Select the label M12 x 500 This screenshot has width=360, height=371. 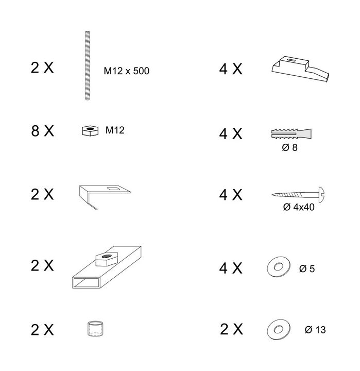126,71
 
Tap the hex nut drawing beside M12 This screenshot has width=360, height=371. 91,131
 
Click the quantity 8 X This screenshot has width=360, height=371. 42,131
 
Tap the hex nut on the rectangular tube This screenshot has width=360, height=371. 106,258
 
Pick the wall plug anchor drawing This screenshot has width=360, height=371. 290,134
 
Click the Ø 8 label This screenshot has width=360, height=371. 289,148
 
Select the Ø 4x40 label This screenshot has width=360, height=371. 299,208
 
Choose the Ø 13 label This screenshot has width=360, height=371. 315,330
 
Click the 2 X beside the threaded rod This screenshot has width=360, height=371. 42,69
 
